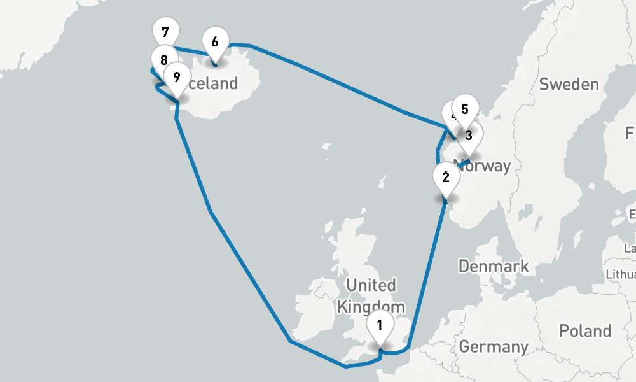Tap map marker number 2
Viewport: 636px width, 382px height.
coord(445,176)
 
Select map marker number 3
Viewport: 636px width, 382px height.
coord(469,135)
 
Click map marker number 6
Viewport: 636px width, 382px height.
coord(215,42)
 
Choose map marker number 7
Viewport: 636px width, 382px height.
coord(166,32)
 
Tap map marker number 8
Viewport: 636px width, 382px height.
coord(164,60)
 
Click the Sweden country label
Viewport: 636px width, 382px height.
coord(569,85)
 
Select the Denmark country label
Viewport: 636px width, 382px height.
coord(494,265)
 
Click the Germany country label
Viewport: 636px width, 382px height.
coord(494,347)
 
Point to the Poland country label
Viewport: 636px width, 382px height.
coord(584,331)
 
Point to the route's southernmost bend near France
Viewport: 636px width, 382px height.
coord(345,367)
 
